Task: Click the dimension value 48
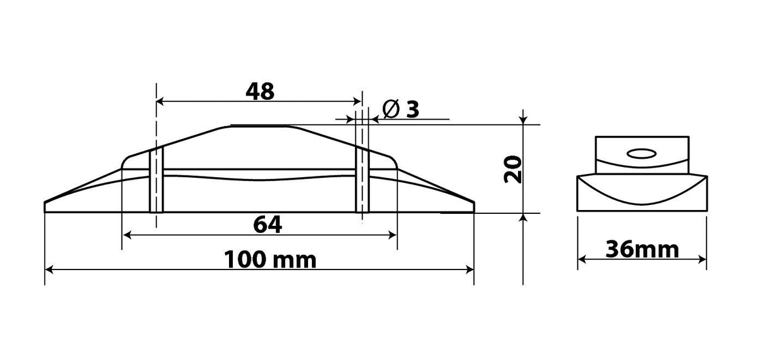pyautogui.click(x=260, y=91)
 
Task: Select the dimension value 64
pyautogui.click(x=268, y=225)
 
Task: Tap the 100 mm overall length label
pyautogui.click(x=270, y=259)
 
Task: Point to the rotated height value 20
pyautogui.click(x=513, y=169)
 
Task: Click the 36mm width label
pyautogui.click(x=642, y=249)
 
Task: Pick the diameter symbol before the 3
pyautogui.click(x=391, y=109)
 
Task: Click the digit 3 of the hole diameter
pyautogui.click(x=412, y=109)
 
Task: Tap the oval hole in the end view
pyautogui.click(x=641, y=154)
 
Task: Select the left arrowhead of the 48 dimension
pyautogui.click(x=160, y=101)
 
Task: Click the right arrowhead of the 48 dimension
pyautogui.click(x=357, y=101)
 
